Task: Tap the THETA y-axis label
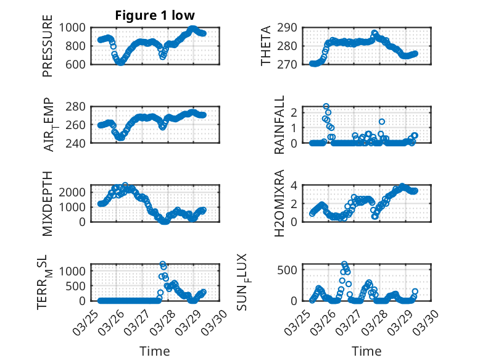tap(266, 46)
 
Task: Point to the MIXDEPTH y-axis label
tap(48, 203)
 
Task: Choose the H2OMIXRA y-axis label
tap(279, 203)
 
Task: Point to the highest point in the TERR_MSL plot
tap(162, 264)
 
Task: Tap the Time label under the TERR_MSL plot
tap(155, 351)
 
